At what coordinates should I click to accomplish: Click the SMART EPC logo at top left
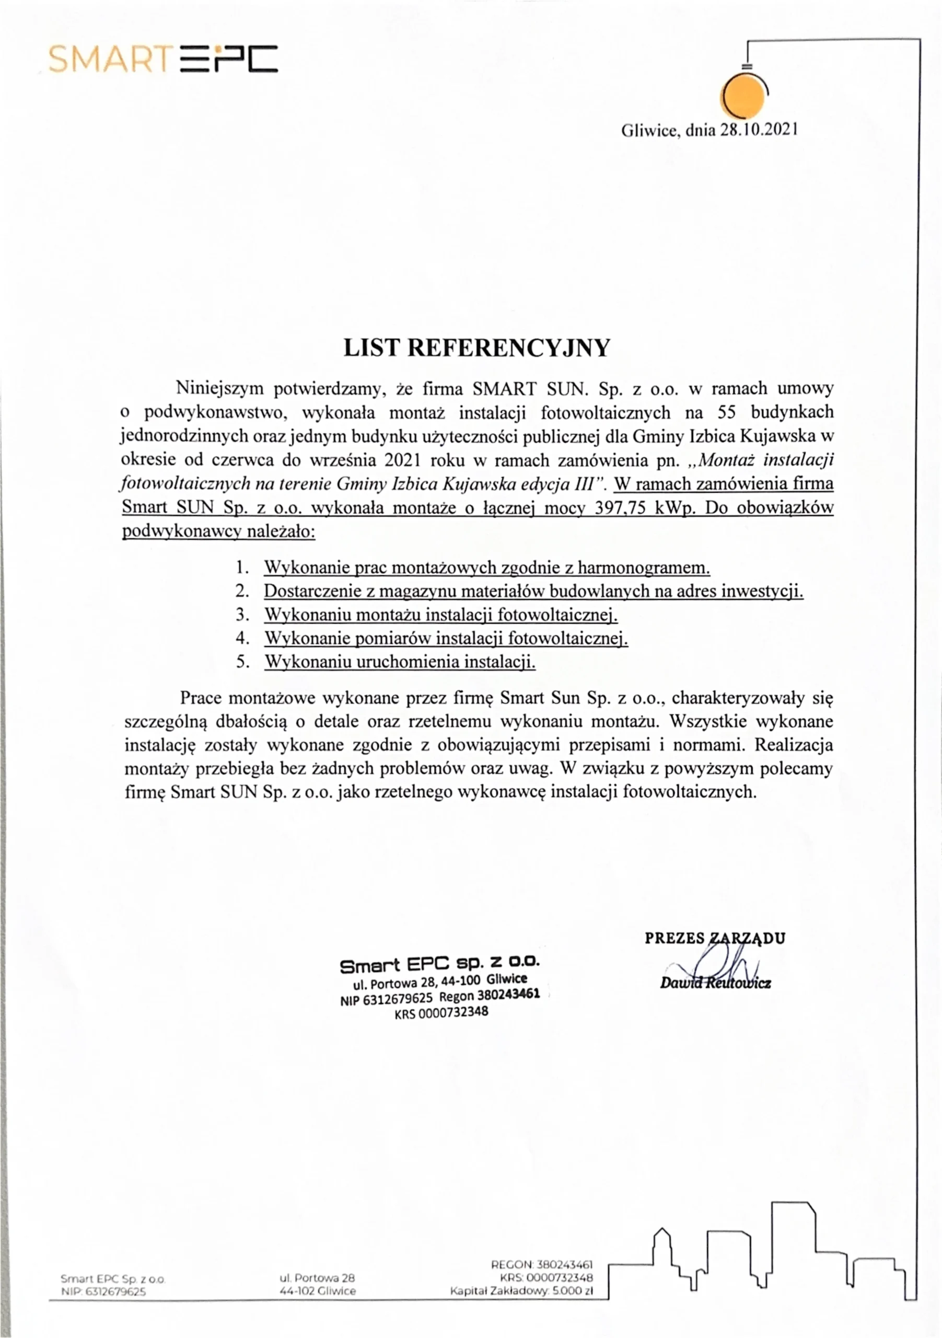pos(163,59)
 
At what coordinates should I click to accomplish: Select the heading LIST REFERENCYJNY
pos(476,348)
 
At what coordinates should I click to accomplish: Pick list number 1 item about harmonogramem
pos(486,567)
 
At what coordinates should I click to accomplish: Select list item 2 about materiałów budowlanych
pos(533,591)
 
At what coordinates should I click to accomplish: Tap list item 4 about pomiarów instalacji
pos(446,638)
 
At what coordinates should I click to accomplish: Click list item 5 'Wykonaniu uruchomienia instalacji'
pos(400,662)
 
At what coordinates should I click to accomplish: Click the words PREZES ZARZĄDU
pos(715,938)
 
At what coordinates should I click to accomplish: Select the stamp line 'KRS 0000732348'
pos(441,1013)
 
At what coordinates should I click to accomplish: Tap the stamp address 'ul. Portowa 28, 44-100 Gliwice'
pos(440,982)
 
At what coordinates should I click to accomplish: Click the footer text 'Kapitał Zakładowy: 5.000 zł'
pos(521,1291)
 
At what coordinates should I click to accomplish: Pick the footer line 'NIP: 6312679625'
pos(103,1291)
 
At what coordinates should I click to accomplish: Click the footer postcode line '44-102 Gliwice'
pos(318,1291)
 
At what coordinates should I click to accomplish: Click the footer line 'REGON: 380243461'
pos(542,1265)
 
